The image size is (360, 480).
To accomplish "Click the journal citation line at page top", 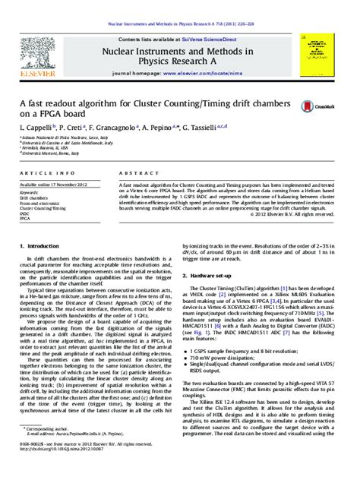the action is (x=179, y=6).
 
